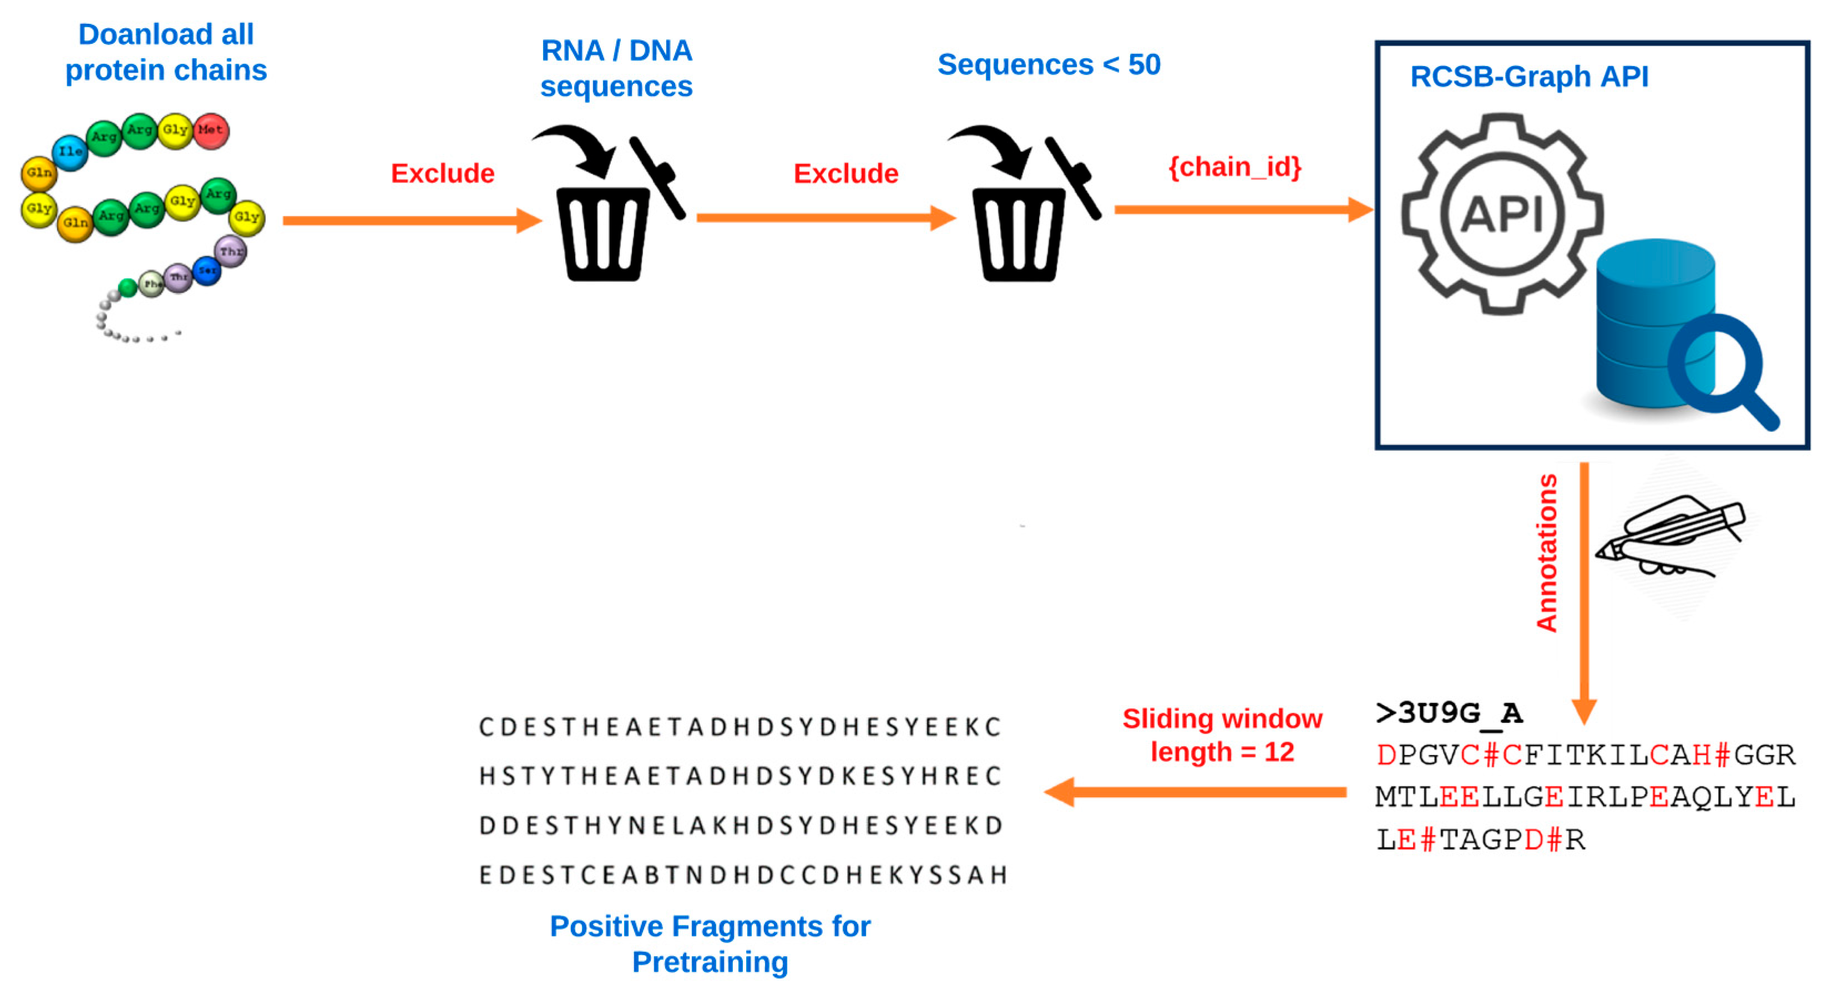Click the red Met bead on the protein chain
pos(210,130)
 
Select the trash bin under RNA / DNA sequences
pos(602,234)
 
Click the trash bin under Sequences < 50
pos(1019,234)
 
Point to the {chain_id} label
pos(1235,168)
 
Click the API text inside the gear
pos(1502,213)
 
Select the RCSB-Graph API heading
pos(1529,77)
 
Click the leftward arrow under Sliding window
pos(1196,792)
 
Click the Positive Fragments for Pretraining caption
pos(710,944)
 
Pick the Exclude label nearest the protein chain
pos(442,174)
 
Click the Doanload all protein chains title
pos(166,53)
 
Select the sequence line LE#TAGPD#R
pos(1481,840)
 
